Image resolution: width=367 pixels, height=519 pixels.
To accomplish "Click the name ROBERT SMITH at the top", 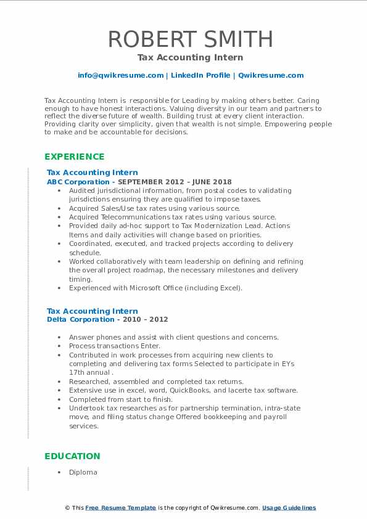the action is pyautogui.click(x=190, y=39).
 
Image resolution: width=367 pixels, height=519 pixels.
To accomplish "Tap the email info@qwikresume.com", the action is pyautogui.click(x=120, y=75).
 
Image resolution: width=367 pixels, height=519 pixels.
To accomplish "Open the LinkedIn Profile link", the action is pyautogui.click(x=200, y=75).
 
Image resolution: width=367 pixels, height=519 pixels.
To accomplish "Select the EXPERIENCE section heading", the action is pyautogui.click(x=74, y=157).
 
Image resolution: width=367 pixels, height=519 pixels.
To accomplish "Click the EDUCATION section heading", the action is pyautogui.click(x=72, y=456).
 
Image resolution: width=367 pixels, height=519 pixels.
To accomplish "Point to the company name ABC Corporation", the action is pyautogui.click(x=77, y=182).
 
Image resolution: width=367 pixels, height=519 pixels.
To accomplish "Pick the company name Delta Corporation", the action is pyautogui.click(x=80, y=319).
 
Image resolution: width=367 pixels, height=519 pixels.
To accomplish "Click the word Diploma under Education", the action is pyautogui.click(x=83, y=472).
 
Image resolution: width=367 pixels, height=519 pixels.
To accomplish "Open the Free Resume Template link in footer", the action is pyautogui.click(x=121, y=508).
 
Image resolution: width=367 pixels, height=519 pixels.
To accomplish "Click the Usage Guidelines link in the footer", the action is pyautogui.click(x=289, y=508).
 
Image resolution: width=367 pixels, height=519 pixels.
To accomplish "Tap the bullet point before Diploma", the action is pyautogui.click(x=59, y=472).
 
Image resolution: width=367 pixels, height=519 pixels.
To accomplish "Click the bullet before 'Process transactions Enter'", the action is pyautogui.click(x=59, y=346).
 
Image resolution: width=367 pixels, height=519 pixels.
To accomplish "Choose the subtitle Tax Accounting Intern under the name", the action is pyautogui.click(x=190, y=57).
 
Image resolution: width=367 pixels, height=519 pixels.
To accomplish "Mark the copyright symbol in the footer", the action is pyautogui.click(x=67, y=508).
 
